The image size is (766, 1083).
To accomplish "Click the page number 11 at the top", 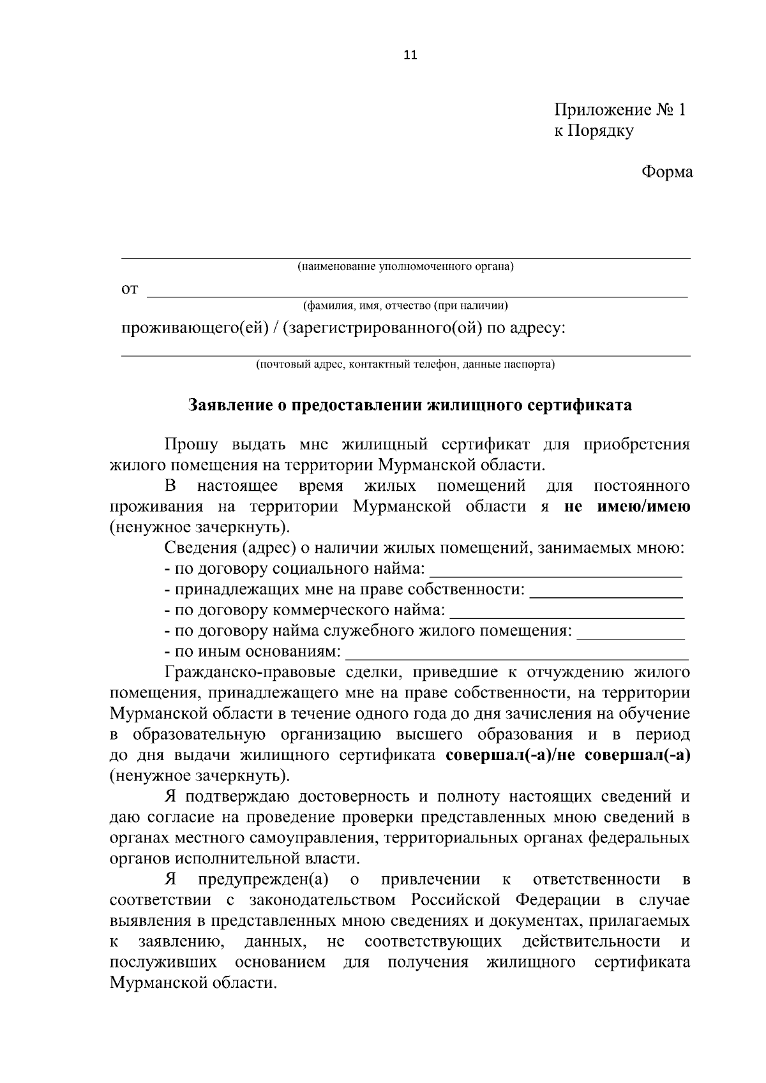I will pos(410,55).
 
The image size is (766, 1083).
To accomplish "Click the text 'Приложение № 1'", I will pos(619,110).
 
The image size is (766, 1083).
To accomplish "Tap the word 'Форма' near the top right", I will pos(666,172).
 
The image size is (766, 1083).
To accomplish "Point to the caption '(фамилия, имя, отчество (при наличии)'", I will pos(406,306).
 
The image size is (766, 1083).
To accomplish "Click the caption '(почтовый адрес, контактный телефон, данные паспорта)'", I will pos(406,365).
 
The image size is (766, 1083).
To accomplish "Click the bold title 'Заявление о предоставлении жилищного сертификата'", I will pos(410,405).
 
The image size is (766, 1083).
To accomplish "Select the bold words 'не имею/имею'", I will pos(627,507).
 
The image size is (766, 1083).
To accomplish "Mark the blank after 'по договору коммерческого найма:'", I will pos(567,613).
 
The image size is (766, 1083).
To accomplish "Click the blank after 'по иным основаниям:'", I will pos(517,654).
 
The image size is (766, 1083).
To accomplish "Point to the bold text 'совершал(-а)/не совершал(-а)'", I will pos(568,756).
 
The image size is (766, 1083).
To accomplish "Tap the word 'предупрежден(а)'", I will pos(263,880).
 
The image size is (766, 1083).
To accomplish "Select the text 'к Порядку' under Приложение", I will pos(594,131).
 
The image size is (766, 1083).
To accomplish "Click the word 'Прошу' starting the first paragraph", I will pos(191,445).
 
